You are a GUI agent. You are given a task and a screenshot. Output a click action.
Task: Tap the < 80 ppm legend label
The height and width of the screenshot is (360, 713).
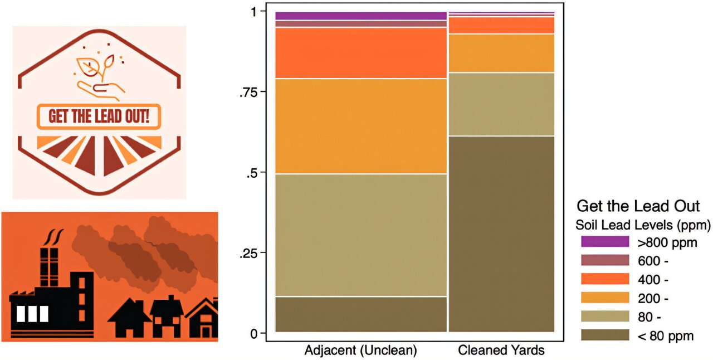click(x=666, y=336)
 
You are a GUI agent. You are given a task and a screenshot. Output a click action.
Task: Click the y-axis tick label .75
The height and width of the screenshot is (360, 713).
click(x=249, y=93)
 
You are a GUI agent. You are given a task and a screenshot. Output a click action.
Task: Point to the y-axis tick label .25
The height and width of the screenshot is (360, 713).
click(x=249, y=254)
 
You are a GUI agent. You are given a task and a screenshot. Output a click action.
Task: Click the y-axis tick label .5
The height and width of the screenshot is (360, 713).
click(x=252, y=173)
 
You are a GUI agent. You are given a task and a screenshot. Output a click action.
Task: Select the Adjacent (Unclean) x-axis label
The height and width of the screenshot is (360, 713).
click(x=360, y=351)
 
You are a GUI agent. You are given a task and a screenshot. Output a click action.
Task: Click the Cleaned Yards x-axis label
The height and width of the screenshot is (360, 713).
click(x=501, y=351)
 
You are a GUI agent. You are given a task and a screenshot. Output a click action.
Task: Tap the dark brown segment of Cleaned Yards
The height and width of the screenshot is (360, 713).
click(x=501, y=234)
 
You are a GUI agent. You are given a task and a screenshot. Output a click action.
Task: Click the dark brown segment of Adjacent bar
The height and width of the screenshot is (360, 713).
click(x=361, y=314)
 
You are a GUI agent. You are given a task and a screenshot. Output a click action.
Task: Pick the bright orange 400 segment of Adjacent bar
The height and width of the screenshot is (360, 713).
click(x=361, y=53)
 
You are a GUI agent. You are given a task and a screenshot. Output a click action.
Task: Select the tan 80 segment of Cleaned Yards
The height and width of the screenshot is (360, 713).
click(x=501, y=104)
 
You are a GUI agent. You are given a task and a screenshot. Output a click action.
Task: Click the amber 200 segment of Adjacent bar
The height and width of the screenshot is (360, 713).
click(x=361, y=127)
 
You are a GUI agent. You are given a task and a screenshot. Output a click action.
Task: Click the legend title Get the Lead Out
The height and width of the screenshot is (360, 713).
click(x=638, y=206)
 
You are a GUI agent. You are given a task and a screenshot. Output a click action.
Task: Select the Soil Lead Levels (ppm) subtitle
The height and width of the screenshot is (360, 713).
click(x=643, y=226)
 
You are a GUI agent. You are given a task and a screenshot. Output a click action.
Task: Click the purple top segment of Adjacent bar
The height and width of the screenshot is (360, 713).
click(x=361, y=16)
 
